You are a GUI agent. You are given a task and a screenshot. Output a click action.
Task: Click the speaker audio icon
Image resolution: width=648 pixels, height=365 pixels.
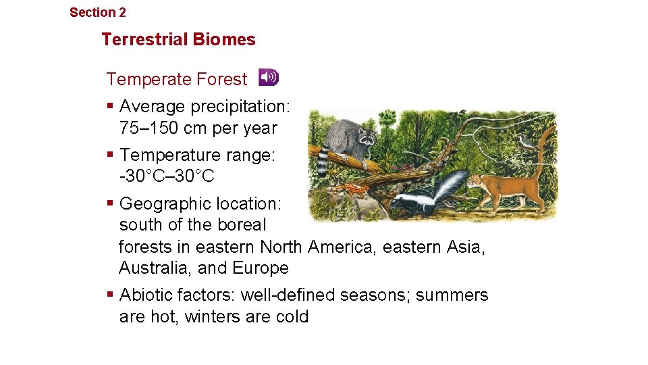[x=268, y=78]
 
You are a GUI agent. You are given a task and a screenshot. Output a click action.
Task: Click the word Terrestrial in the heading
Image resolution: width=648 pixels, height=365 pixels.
[x=145, y=39]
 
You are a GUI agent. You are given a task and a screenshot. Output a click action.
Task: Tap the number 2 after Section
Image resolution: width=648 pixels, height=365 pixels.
[x=122, y=12]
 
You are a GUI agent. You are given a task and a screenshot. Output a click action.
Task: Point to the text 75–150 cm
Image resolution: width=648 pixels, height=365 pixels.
[x=165, y=128]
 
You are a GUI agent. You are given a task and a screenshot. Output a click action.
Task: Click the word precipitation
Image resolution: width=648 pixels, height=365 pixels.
[x=240, y=107]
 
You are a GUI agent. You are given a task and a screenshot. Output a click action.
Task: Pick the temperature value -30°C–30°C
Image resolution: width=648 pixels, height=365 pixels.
[x=166, y=176]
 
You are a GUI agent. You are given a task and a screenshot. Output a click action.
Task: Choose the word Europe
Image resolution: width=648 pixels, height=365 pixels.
[x=261, y=268]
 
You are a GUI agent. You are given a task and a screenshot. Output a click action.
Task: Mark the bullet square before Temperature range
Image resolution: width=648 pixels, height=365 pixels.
[x=110, y=154]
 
